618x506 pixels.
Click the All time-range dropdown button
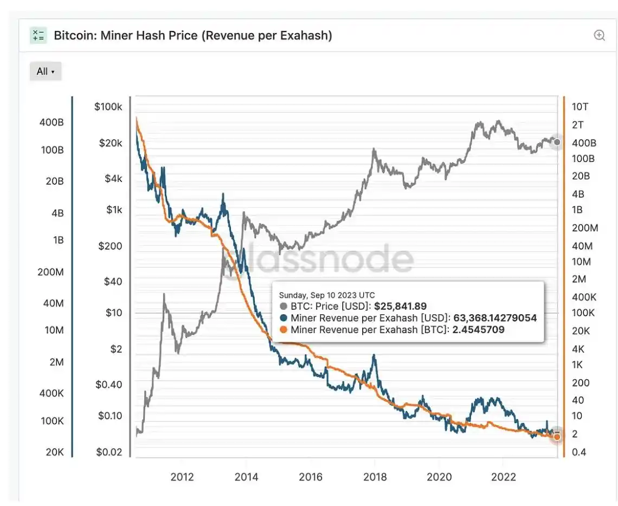tap(46, 72)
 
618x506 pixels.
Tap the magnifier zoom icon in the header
tap(599, 36)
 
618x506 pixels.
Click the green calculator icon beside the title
tap(38, 36)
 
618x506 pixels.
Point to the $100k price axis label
tap(108, 107)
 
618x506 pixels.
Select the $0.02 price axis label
tap(109, 452)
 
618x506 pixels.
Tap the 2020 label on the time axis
tap(439, 477)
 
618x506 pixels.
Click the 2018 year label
tap(375, 477)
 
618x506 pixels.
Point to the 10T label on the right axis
tap(580, 107)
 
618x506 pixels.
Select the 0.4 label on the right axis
tap(578, 452)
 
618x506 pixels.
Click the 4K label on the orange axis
tap(578, 348)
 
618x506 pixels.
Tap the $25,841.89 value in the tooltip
tap(400, 307)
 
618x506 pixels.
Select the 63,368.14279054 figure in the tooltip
tap(495, 318)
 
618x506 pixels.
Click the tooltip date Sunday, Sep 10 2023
tap(326, 295)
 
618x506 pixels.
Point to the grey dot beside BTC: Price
tap(284, 307)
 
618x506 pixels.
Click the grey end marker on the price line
tap(557, 142)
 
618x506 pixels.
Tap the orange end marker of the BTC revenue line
tap(557, 437)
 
